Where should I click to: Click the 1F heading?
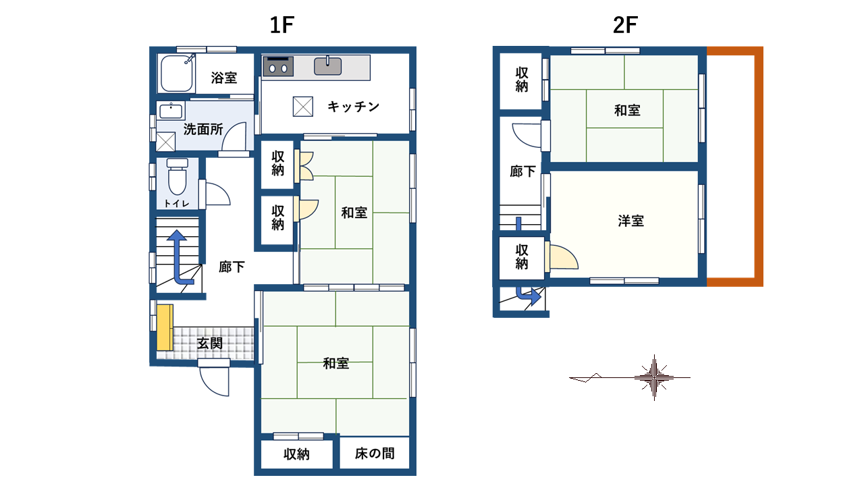(282, 25)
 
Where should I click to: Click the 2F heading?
(625, 25)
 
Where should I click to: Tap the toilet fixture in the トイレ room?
(178, 177)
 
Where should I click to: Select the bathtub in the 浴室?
(177, 74)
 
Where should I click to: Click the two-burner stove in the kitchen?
(278, 66)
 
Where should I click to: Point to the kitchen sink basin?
(327, 66)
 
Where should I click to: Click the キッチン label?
(353, 107)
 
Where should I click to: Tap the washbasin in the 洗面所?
(171, 111)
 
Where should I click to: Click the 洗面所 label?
(203, 129)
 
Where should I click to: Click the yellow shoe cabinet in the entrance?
(165, 327)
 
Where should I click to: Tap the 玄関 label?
(210, 344)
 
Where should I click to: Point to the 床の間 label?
(375, 454)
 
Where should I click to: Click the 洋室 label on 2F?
(631, 221)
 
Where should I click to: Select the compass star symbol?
(654, 377)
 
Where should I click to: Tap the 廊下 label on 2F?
(522, 171)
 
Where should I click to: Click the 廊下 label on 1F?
(232, 267)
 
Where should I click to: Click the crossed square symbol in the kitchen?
(303, 107)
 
